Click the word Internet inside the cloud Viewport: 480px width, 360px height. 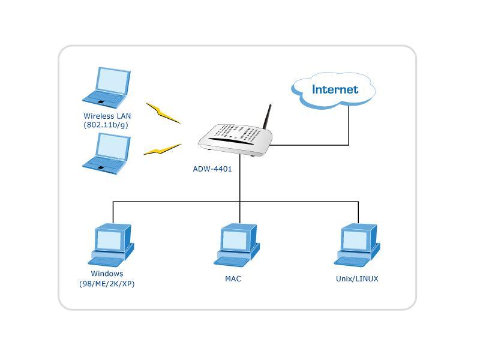[335, 89]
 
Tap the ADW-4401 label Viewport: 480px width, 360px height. [212, 169]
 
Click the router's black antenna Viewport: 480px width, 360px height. [266, 117]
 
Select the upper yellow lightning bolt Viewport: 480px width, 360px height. [163, 113]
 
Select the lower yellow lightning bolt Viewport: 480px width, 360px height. [163, 149]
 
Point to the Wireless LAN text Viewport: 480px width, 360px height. [107, 116]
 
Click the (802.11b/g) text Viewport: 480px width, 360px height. [106, 125]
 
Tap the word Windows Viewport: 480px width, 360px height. [107, 274]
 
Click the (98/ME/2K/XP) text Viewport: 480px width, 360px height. [107, 284]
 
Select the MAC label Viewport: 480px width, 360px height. [233, 278]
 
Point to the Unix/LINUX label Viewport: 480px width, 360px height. [357, 278]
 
